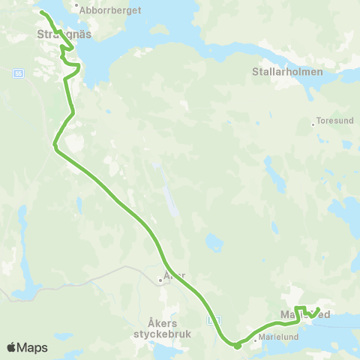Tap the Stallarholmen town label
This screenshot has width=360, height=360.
point(288,72)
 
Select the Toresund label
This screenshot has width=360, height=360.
point(334,119)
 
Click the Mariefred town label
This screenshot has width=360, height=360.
point(304,313)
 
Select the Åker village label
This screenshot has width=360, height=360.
point(175,274)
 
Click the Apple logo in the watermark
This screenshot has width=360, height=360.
point(12,347)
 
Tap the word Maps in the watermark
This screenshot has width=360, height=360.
point(33,347)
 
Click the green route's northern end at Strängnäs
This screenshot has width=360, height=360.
point(41,13)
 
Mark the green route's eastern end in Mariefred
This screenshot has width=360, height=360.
point(319,310)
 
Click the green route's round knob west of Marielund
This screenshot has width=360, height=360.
point(237,345)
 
